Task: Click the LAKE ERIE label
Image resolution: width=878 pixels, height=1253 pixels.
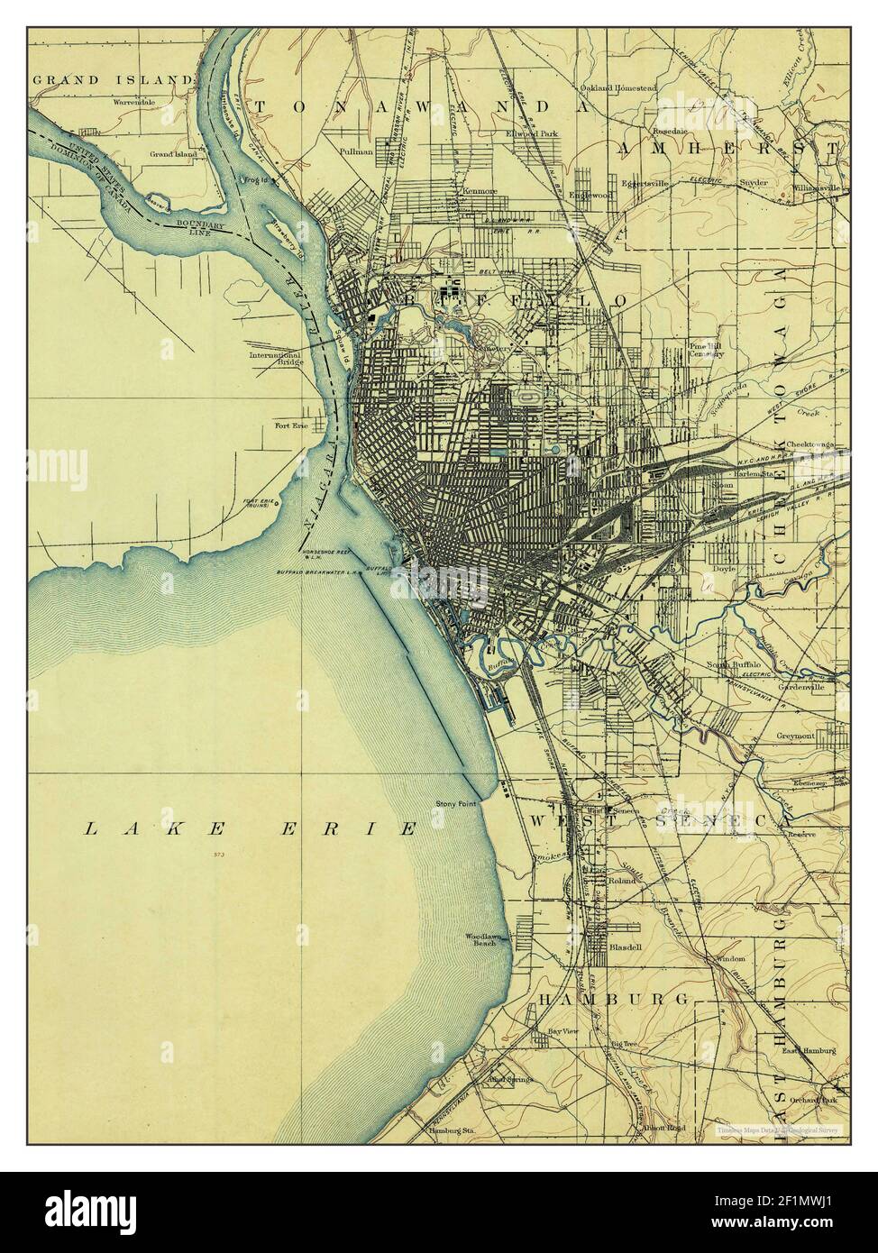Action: [x=250, y=828]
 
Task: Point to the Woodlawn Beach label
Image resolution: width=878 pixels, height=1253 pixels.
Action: [x=480, y=939]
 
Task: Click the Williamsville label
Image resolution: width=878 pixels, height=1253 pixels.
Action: [x=817, y=187]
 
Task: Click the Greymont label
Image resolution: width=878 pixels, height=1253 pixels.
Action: [x=796, y=736]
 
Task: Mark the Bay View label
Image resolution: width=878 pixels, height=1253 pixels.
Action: [x=562, y=1030]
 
